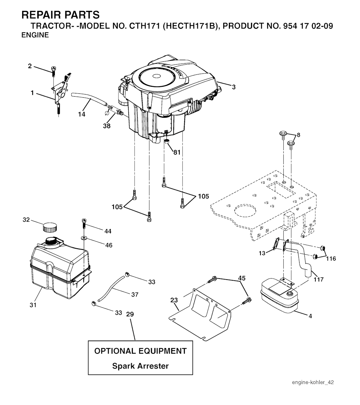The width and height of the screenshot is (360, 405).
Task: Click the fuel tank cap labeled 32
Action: pos(50,227)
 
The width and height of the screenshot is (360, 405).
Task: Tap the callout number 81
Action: pos(177,152)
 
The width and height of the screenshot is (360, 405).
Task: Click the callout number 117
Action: pos(319,279)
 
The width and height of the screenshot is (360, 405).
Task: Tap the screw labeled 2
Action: pos(54,71)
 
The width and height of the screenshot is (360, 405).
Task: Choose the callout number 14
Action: pos(82,114)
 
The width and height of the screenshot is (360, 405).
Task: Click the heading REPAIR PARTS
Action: pos(60,15)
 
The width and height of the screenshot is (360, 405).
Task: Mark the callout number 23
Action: pos(174,300)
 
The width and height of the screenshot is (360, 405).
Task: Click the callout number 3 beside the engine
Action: pos(234,87)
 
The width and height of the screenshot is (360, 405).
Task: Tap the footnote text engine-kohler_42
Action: pos(313,382)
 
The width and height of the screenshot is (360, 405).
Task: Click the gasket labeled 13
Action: pos(276,244)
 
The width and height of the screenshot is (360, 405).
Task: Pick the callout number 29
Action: pos(130,314)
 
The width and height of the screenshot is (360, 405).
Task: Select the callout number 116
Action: pos(331,258)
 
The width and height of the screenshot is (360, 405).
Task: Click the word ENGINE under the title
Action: pos(35,35)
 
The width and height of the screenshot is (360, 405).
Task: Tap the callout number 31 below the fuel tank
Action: pos(33,305)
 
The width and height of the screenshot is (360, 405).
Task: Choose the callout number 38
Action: pos(107,126)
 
